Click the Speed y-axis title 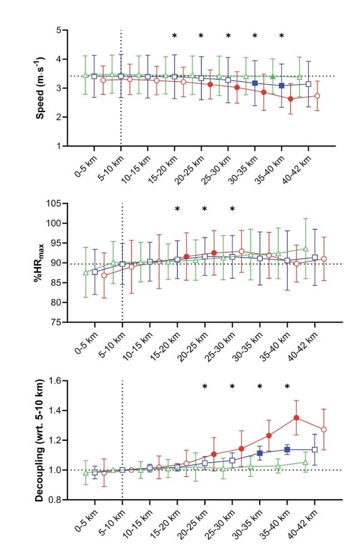pyautogui.click(x=41, y=87)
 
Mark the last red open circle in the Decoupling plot pyautogui.click(x=324, y=430)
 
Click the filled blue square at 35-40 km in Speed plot pyautogui.click(x=282, y=85)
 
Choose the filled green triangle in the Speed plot pyautogui.click(x=273, y=76)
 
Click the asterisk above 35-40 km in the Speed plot pyautogui.click(x=282, y=36)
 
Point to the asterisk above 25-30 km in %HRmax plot pyautogui.click(x=232, y=209)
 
